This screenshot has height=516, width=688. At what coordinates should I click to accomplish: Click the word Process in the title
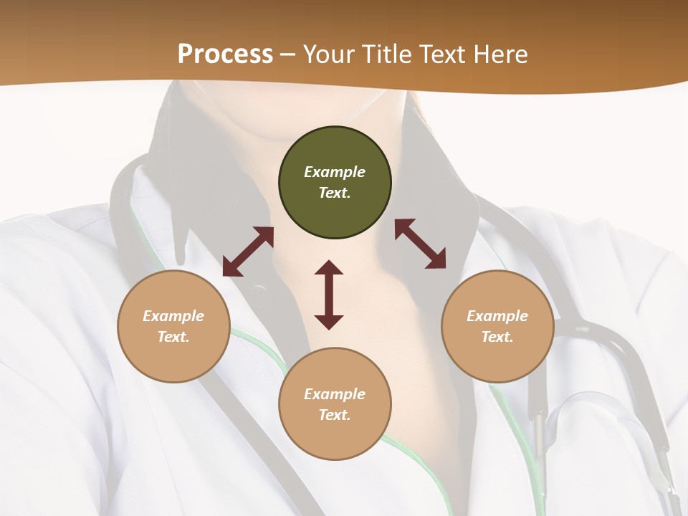pos(225,54)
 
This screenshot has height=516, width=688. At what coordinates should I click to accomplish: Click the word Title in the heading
pos(388,54)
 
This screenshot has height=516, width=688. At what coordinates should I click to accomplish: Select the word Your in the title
pos(330,54)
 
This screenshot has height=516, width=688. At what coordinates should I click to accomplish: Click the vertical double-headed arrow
pos(329,295)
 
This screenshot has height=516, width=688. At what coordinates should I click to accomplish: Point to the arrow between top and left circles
pos(248,252)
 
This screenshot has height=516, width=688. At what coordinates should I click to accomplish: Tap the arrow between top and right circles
pos(420,244)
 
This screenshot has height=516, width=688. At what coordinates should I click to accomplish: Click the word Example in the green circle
pos(335,172)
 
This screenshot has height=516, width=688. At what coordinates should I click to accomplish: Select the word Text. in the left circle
pos(173,337)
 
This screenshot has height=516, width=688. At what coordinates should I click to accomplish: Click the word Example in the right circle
pos(497,316)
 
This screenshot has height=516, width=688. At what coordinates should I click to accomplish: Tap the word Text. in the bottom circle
pos(335,415)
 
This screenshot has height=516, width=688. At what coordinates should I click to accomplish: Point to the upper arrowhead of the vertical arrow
pos(329,269)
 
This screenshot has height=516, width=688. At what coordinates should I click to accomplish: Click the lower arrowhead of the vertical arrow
pos(329,322)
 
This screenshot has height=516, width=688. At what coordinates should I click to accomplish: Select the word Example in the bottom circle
pos(335,394)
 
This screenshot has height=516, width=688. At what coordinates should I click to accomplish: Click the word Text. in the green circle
pos(335,193)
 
